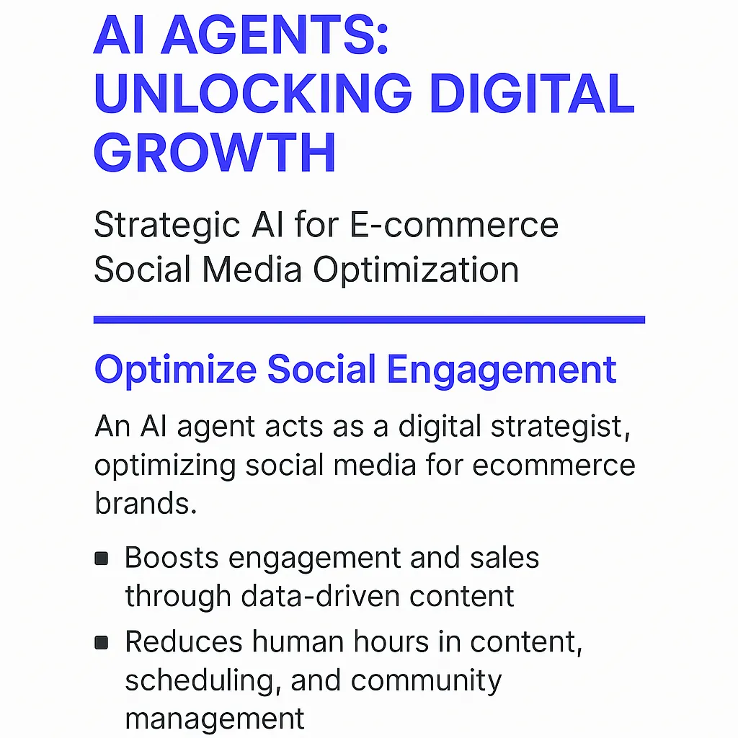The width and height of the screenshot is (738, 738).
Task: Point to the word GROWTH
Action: click(x=215, y=153)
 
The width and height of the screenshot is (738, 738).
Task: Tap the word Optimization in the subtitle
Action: click(x=416, y=270)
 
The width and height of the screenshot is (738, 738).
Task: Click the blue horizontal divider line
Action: click(x=369, y=320)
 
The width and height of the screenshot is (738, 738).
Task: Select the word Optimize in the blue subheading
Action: click(x=175, y=370)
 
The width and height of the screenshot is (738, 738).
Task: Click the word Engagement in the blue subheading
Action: click(x=502, y=370)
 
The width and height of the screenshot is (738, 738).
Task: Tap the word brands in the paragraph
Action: click(x=145, y=503)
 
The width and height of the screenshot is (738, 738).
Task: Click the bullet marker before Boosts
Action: click(x=102, y=558)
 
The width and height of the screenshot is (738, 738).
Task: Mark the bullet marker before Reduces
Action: click(x=102, y=641)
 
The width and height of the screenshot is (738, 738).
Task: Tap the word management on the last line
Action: click(x=214, y=719)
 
